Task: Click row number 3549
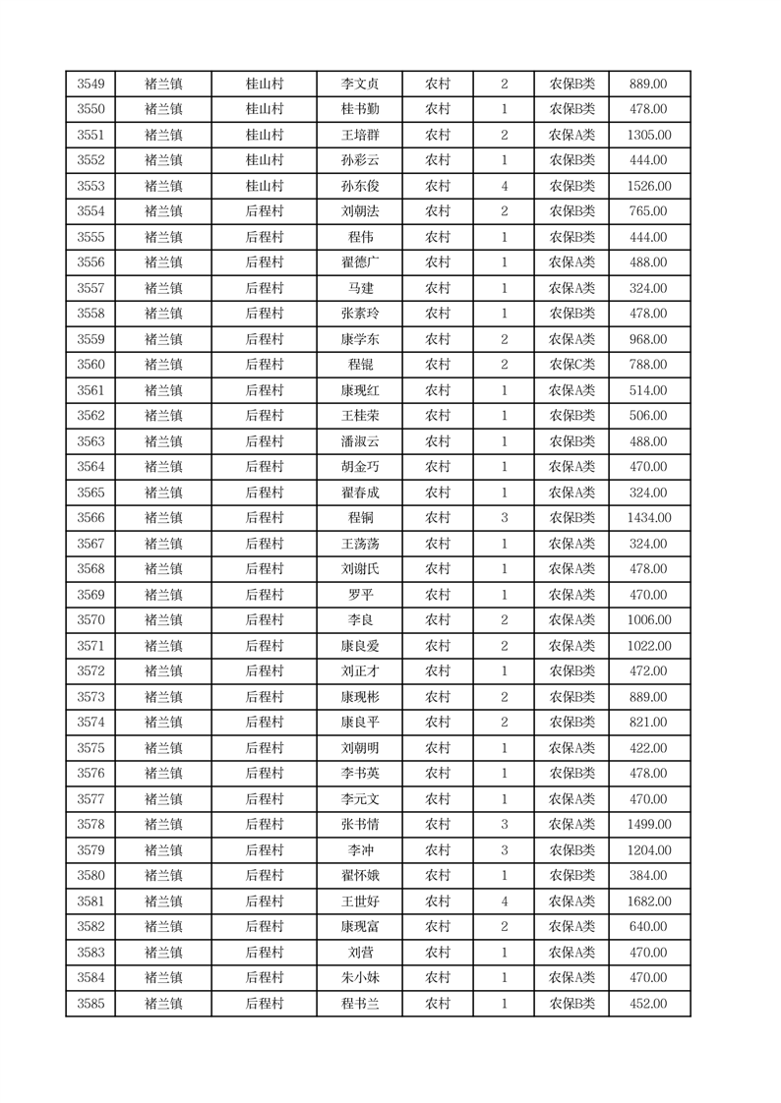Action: (x=90, y=85)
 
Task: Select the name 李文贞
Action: (x=360, y=85)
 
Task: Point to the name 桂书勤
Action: (x=360, y=110)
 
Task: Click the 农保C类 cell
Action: (x=571, y=365)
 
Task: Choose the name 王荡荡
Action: (x=360, y=544)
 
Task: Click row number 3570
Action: (x=90, y=620)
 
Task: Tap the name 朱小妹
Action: (x=360, y=978)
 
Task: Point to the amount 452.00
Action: (x=648, y=1004)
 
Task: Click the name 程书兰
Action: (x=360, y=1004)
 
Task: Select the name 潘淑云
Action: (x=360, y=441)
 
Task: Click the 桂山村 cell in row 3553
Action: (x=264, y=186)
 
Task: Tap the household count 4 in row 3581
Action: (x=504, y=901)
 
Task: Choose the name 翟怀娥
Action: (x=360, y=876)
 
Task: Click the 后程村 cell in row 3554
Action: (x=264, y=211)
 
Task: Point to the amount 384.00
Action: (x=648, y=876)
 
